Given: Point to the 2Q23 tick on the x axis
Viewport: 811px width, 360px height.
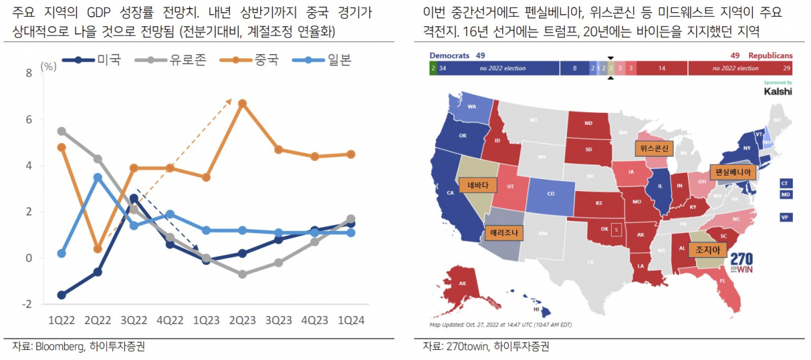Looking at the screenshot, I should click(242, 319).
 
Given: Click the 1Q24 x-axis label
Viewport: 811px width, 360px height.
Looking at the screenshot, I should click(351, 319).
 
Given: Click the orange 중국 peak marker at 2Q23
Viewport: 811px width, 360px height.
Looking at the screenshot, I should click(242, 103).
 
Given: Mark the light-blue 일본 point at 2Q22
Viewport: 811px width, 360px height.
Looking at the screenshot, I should click(98, 177).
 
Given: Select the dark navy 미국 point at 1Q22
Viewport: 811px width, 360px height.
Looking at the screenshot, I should click(62, 294).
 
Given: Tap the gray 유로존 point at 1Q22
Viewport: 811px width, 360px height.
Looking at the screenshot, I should click(62, 131).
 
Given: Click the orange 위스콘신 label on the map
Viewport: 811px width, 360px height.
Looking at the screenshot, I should click(654, 148).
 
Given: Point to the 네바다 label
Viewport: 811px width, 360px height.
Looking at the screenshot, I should click(477, 184).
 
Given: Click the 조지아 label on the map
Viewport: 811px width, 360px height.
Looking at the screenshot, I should click(707, 250).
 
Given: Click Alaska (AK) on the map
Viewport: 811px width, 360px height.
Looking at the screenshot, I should click(463, 283).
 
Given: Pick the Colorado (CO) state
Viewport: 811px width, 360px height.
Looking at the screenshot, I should click(550, 193).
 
